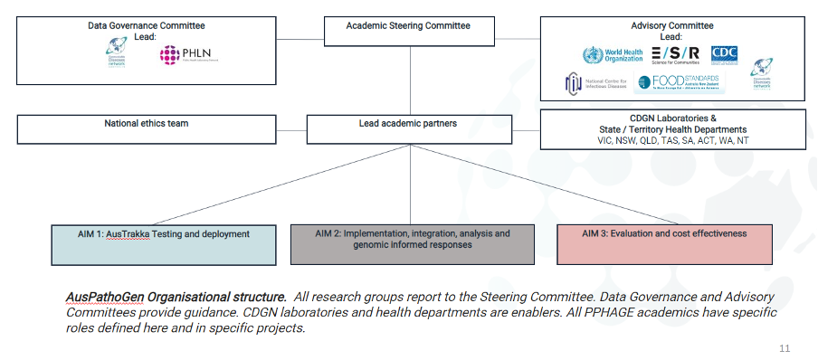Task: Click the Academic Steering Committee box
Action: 409,30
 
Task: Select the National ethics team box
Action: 147,129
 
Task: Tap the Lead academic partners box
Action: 409,129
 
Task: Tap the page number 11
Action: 785,347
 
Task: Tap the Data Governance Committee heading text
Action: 147,26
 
